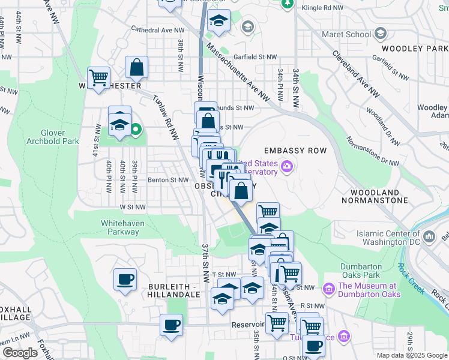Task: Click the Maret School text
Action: (346, 34)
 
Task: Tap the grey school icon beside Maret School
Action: (380, 34)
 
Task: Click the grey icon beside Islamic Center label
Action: (429, 238)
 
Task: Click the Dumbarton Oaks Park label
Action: (361, 270)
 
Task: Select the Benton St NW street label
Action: (168, 179)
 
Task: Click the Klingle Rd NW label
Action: (324, 8)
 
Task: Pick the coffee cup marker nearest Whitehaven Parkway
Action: (125, 279)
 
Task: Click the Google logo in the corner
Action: (20, 353)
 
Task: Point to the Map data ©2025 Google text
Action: (411, 355)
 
